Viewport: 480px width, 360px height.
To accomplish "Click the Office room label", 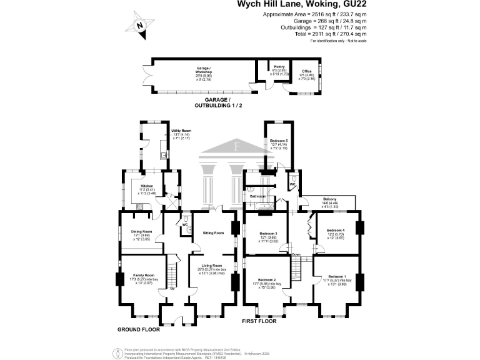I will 306,72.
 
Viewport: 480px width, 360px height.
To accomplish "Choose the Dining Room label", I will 141,232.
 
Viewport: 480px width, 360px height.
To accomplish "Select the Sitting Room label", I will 213,232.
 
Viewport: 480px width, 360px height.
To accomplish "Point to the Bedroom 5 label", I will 278,142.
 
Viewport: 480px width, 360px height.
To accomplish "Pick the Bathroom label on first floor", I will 258,196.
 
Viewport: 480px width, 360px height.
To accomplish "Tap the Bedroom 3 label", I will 268,234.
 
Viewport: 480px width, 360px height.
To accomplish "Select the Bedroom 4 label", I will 336,231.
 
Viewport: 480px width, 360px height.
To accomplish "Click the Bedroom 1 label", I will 336,276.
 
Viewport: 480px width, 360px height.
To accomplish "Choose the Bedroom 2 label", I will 268,280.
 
